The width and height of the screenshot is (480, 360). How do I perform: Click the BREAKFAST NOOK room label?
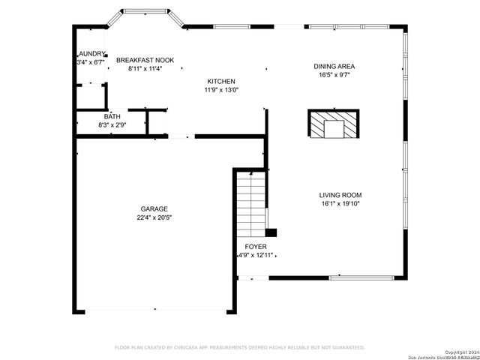[145, 59]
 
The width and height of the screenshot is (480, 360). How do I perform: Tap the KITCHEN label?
[220, 81]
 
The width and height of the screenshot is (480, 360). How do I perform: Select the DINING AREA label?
[334, 66]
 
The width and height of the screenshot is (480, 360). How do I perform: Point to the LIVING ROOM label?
[340, 195]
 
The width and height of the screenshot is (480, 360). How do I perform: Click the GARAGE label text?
[154, 208]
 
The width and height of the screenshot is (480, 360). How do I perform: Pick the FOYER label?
[256, 246]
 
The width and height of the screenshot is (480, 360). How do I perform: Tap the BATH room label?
[112, 116]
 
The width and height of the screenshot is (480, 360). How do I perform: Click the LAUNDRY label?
[92, 54]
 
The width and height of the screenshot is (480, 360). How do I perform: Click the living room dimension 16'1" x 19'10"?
[340, 203]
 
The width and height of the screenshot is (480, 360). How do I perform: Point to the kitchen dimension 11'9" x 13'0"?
[220, 90]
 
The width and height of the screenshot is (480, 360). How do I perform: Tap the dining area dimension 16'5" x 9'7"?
[334, 74]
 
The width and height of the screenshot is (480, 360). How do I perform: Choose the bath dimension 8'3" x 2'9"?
[112, 124]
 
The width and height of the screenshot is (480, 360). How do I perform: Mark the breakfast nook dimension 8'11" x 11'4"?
[145, 68]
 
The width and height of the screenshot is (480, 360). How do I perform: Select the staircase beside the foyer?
[251, 202]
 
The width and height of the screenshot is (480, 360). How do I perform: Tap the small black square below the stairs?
[271, 232]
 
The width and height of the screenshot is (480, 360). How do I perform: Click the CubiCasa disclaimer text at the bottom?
[239, 347]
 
